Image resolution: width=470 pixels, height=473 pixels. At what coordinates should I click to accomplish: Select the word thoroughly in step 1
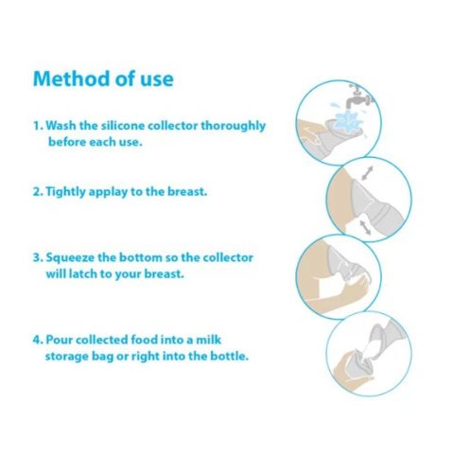pyautogui.click(x=234, y=126)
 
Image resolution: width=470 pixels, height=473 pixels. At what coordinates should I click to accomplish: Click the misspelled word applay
pyautogui.click(x=108, y=192)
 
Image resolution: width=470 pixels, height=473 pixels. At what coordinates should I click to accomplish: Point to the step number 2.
pyautogui.click(x=37, y=192)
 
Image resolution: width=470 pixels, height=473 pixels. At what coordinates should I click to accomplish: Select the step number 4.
pyautogui.click(x=37, y=340)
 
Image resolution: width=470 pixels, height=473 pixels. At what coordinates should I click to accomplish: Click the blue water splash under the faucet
pyautogui.click(x=346, y=120)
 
